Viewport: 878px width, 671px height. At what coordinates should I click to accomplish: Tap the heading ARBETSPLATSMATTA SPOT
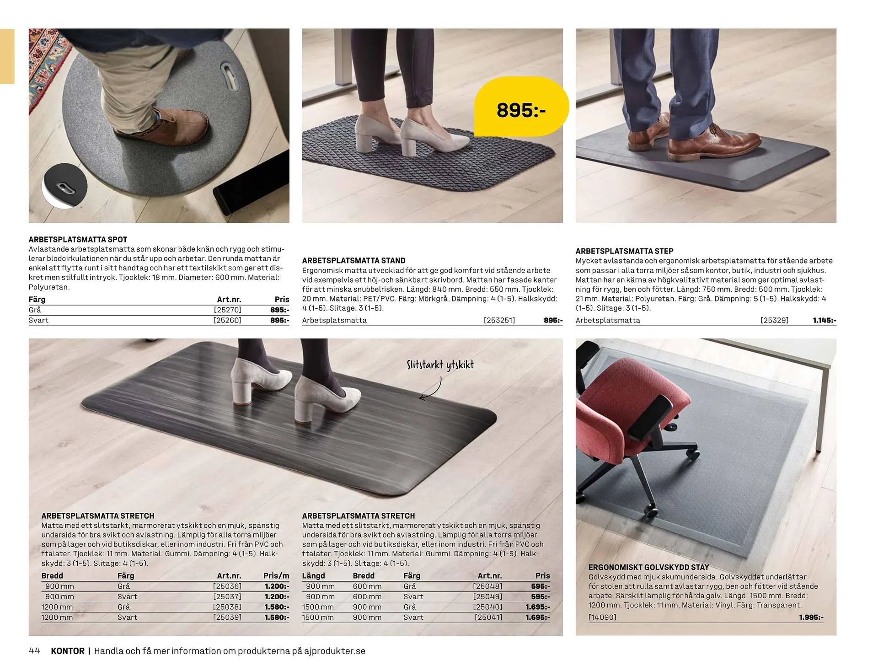click(x=78, y=240)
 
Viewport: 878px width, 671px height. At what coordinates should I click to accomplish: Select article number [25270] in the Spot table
click(x=227, y=310)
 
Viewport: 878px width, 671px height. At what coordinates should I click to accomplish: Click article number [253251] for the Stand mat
click(x=499, y=320)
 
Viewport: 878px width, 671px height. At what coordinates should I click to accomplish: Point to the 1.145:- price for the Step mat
click(x=824, y=320)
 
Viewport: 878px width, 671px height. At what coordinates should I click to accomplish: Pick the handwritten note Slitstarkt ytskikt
click(x=440, y=365)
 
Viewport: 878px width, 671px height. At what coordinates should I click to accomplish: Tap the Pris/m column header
click(x=276, y=576)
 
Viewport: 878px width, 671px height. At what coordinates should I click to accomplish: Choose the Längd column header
click(x=313, y=576)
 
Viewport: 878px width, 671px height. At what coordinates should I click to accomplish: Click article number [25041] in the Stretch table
click(x=488, y=617)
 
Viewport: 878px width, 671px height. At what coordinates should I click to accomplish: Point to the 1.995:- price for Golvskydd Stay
click(x=811, y=617)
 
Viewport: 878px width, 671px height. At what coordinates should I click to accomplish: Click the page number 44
click(x=35, y=651)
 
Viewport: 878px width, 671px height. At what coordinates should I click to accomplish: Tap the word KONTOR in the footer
click(x=68, y=651)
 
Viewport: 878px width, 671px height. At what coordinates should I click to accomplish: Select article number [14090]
click(x=602, y=617)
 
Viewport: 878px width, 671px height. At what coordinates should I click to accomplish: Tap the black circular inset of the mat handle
click(x=64, y=186)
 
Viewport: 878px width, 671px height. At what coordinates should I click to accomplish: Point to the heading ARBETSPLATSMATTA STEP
click(x=624, y=251)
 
